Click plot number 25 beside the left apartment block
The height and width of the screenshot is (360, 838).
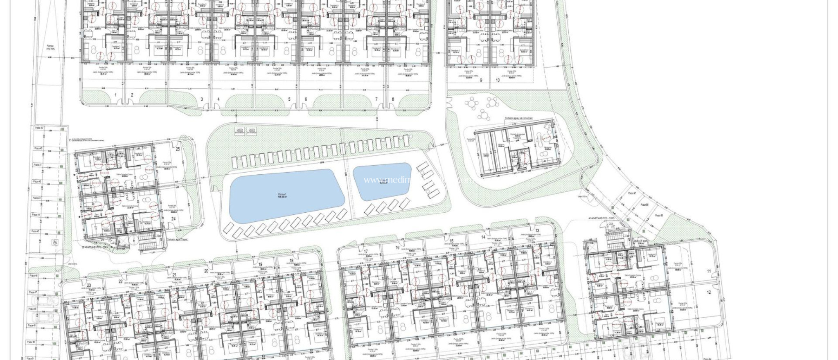pyautogui.click(x=178, y=149)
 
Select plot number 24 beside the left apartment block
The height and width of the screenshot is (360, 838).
pyautogui.click(x=173, y=219)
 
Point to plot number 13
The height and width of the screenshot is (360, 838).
pyautogui.click(x=537, y=231)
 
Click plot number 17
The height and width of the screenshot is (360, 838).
pyautogui.click(x=365, y=252)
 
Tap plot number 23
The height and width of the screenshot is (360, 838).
pyautogui.click(x=89, y=286)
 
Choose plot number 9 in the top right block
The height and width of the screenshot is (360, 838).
pyautogui.click(x=481, y=81)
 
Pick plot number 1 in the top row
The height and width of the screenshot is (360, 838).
pyautogui.click(x=115, y=95)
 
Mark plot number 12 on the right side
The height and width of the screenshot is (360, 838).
pyautogui.click(x=709, y=292)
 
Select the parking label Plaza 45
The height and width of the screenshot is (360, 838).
pyautogui.click(x=35, y=232)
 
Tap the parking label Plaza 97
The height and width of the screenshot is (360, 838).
pyautogui.click(x=632, y=193)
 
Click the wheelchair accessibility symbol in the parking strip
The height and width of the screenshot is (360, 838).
pyautogui.click(x=54, y=242)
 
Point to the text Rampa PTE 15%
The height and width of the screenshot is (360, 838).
pyautogui.click(x=50, y=48)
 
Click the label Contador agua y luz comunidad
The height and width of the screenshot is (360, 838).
pyautogui.click(x=518, y=118)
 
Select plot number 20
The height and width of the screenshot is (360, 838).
pyautogui.click(x=206, y=271)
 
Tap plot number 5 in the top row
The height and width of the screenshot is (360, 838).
pyautogui.click(x=289, y=99)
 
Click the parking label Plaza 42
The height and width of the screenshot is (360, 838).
pyautogui.click(x=37, y=181)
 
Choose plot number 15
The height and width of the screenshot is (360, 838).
pyautogui.click(x=451, y=241)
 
